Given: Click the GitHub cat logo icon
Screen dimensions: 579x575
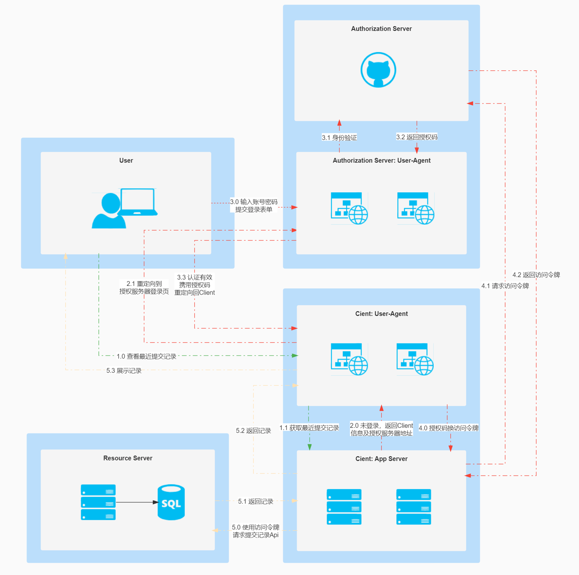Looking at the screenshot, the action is click(378, 70).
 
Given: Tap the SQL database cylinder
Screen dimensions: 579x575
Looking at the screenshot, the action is click(171, 502).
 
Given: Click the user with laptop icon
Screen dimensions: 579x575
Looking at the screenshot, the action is click(124, 208).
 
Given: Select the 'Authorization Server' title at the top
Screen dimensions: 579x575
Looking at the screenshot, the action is click(381, 29).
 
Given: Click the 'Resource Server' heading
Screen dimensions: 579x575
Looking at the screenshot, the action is click(128, 458).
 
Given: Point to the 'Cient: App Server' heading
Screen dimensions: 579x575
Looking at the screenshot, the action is click(381, 459).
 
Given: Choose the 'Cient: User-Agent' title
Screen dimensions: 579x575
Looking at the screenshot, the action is click(381, 314).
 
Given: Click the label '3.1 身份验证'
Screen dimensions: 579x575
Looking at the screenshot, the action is click(339, 138).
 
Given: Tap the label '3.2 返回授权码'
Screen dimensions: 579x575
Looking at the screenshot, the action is click(417, 137).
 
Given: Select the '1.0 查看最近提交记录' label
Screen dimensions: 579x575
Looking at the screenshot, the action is click(146, 356).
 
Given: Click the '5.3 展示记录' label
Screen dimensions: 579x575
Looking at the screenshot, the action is click(124, 371).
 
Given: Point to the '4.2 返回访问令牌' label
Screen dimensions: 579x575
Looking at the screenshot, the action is click(536, 275).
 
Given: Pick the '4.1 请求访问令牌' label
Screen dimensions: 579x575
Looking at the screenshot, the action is click(505, 286).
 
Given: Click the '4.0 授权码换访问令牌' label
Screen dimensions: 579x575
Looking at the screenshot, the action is click(449, 428).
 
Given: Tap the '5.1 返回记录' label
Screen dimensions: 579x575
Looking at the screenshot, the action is click(255, 501).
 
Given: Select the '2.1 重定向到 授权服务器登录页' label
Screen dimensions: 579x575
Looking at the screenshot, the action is click(144, 287).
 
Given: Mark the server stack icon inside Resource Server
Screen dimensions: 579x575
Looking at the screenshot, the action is click(98, 502).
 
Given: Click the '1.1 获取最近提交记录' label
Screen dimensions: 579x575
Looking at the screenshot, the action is click(309, 428).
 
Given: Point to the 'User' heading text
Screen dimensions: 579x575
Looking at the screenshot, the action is click(126, 160).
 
